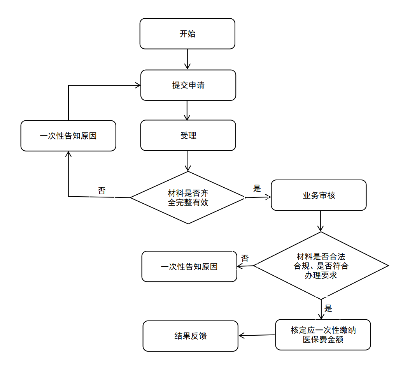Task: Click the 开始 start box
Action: (x=187, y=33)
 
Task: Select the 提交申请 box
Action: (x=188, y=85)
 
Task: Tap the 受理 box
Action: (x=188, y=136)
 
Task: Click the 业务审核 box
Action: (x=319, y=195)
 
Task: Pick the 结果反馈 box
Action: (x=191, y=336)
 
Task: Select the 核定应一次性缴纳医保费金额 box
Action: (x=323, y=335)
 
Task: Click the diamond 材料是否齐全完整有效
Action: (x=188, y=198)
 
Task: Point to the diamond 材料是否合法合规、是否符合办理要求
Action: (x=321, y=266)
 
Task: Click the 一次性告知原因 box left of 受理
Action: (x=68, y=136)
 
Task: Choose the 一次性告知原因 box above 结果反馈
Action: (x=189, y=266)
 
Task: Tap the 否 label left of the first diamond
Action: (x=102, y=190)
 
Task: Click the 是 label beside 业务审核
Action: (x=257, y=188)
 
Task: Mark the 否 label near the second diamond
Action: (x=245, y=258)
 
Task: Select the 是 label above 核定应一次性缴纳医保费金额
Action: (x=328, y=308)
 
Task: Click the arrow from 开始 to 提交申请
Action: (x=187, y=59)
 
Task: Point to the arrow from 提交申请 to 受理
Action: (x=187, y=111)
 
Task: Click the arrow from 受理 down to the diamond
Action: (x=188, y=161)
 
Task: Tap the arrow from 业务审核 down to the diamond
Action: (x=321, y=221)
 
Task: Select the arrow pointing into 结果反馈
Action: (x=257, y=335)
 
